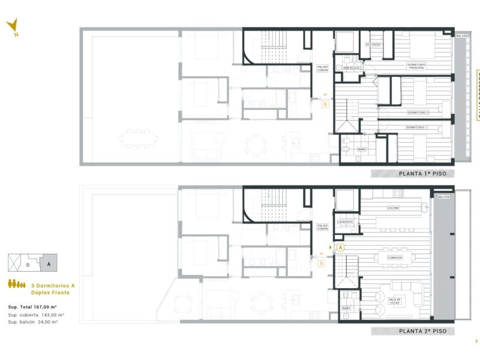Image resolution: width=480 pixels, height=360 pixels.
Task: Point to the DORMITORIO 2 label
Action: click(417, 112)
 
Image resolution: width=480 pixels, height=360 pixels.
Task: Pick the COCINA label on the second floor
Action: click(393, 208)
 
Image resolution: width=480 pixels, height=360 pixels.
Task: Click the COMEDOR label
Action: click(394, 257)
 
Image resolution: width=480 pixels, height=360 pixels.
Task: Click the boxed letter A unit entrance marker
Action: click(340, 247)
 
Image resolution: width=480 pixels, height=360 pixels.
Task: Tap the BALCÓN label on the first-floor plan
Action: click(462, 36)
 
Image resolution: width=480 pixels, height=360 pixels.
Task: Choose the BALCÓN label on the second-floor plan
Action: click(443, 197)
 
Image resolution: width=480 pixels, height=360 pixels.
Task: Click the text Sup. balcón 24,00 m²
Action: click(33, 322)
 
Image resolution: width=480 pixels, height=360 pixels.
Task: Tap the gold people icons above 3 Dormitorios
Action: click(17, 284)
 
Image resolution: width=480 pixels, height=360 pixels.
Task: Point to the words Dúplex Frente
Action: click(53, 293)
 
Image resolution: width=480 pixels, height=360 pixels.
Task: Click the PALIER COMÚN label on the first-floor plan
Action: click(323, 68)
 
